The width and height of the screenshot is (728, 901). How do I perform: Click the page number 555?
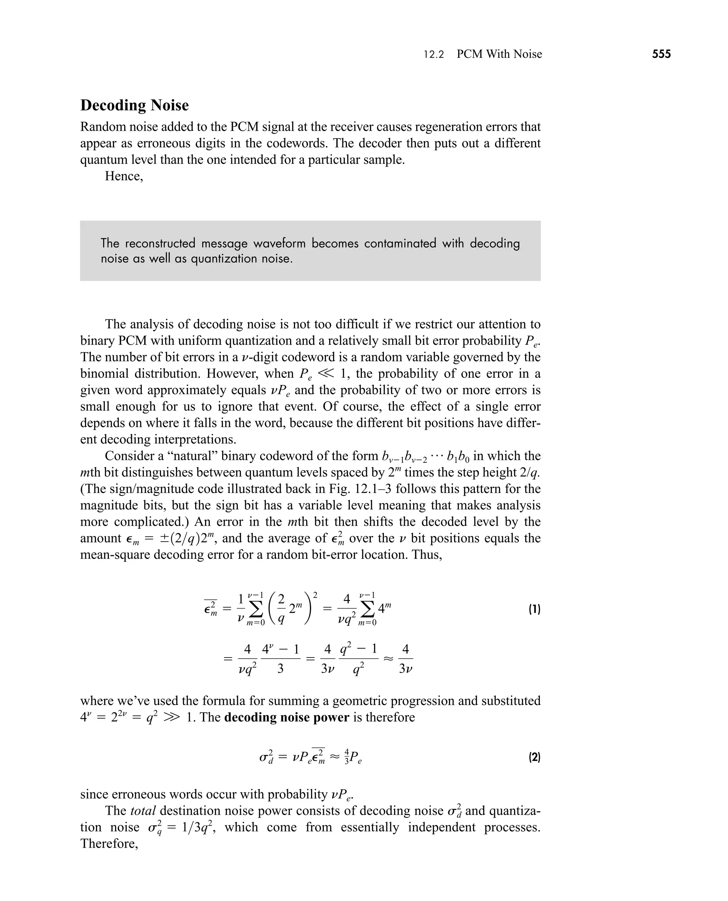tap(661, 54)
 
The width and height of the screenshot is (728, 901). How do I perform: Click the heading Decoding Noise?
tap(134, 105)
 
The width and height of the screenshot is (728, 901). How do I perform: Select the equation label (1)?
tap(534, 609)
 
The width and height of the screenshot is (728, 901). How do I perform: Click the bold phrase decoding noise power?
tap(287, 717)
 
